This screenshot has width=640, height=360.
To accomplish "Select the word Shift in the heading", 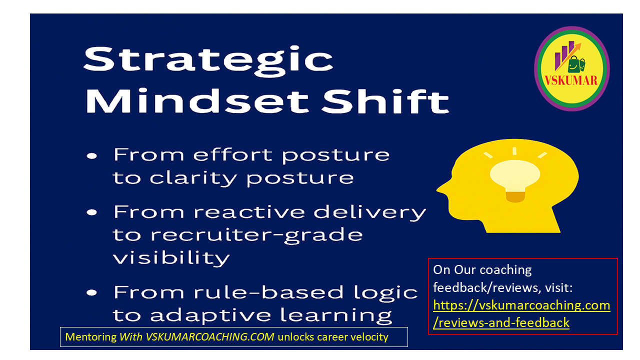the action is (x=385, y=101).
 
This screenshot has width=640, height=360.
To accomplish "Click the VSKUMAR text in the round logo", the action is (x=571, y=80).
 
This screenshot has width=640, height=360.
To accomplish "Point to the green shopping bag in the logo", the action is (x=576, y=64).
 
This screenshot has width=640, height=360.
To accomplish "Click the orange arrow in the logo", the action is (x=568, y=56).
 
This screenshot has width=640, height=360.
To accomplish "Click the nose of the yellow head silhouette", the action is (x=441, y=188).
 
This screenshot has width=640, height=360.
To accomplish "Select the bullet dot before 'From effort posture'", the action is (x=92, y=156).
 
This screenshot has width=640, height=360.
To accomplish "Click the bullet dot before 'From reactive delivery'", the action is (x=92, y=212).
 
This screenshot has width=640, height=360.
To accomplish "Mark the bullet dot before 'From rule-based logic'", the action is (x=92, y=293).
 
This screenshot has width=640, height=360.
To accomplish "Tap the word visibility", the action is (x=171, y=258).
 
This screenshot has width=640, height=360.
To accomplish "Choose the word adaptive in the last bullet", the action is (x=210, y=315).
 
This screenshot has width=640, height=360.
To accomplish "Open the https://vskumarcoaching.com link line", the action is (x=521, y=305).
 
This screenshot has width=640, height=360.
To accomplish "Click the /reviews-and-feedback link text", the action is (x=501, y=323).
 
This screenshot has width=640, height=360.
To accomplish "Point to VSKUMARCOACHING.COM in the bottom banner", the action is (x=209, y=337).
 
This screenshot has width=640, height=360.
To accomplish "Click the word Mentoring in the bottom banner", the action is (x=91, y=337).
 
